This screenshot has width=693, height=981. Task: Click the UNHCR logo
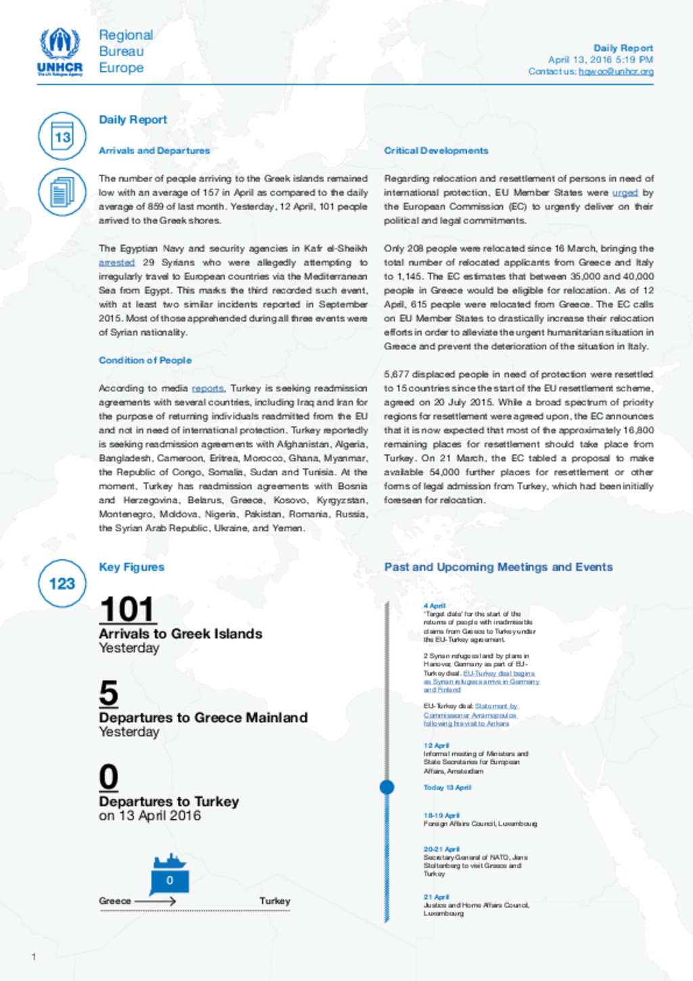(60, 51)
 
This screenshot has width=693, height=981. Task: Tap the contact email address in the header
(616, 71)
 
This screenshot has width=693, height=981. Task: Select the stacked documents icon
(62, 192)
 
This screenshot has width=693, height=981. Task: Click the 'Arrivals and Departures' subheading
(154, 150)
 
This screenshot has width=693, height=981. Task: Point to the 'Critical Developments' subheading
(436, 150)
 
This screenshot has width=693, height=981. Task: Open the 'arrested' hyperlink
(116, 263)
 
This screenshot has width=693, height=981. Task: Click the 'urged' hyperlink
(625, 193)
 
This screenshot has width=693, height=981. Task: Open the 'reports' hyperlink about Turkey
(207, 389)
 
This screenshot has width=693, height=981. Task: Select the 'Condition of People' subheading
(145, 360)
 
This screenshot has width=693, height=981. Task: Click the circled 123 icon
(62, 584)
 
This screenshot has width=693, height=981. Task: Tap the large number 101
(127, 609)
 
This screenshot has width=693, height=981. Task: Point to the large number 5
(108, 693)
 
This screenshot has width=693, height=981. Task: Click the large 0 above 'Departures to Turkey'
(108, 777)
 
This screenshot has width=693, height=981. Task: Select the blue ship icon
(169, 873)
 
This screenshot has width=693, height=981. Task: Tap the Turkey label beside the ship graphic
(275, 901)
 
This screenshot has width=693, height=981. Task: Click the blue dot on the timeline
(387, 787)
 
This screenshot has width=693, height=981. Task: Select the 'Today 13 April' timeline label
(447, 787)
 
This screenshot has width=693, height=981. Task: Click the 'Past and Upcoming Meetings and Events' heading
(498, 567)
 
